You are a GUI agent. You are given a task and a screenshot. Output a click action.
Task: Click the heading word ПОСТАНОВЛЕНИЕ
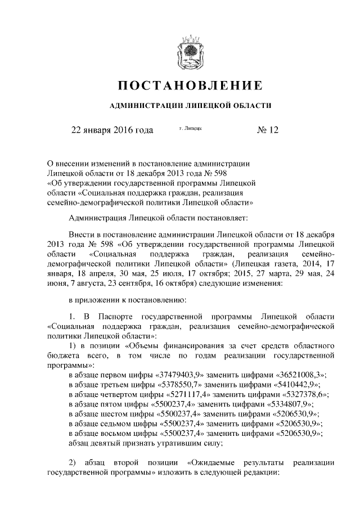190,86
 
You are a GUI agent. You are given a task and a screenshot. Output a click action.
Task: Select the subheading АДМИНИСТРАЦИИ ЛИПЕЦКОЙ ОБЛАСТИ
190,105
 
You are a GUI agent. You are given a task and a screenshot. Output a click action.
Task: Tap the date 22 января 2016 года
111,130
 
